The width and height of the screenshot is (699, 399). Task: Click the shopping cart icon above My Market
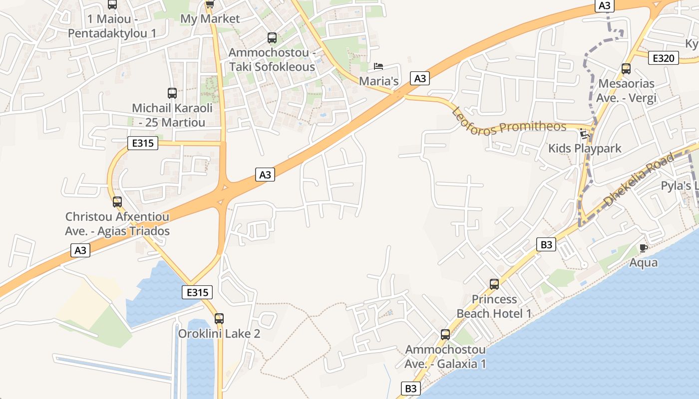click(210, 4)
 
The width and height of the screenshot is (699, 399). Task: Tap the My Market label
click(210, 19)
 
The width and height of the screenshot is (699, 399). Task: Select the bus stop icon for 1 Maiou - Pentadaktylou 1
click(112, 4)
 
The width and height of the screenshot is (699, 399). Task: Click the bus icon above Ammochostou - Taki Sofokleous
click(272, 37)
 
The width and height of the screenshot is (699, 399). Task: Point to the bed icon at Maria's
click(378, 66)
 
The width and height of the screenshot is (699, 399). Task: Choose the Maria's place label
click(379, 81)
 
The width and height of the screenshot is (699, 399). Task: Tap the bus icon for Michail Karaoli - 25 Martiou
click(172, 93)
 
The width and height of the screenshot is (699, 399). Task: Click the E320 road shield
click(664, 58)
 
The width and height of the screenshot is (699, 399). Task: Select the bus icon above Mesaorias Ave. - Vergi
click(626, 69)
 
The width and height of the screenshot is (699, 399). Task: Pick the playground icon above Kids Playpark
click(584, 134)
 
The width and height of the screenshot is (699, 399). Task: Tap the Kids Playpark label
click(585, 148)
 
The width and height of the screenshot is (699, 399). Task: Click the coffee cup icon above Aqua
click(644, 248)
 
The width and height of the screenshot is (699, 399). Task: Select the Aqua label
click(644, 262)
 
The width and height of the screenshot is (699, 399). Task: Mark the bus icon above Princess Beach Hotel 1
click(494, 284)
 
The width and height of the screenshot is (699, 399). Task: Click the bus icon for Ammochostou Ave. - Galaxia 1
click(445, 335)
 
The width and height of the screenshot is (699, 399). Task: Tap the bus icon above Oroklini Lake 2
click(219, 319)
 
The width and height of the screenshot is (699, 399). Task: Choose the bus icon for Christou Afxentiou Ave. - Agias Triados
click(117, 202)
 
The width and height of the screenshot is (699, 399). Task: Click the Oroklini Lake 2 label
click(219, 333)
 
